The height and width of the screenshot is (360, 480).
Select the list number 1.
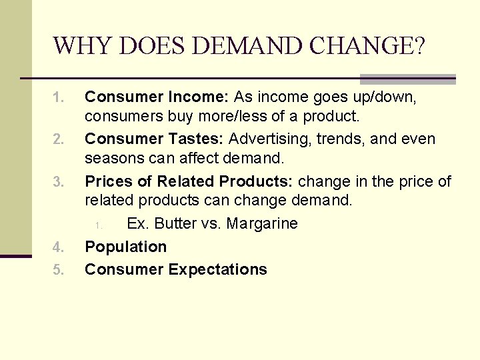pos(58,98)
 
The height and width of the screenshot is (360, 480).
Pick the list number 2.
pos(58,140)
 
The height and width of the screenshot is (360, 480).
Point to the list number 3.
pos(58,182)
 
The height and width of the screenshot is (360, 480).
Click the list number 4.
pos(58,248)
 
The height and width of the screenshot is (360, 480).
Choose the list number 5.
pos(58,270)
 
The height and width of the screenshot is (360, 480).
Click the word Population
pos(126,247)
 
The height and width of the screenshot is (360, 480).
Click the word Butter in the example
pos(171,223)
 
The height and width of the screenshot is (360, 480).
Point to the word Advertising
pos(270,139)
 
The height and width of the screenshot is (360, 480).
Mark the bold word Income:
pos(200,97)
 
